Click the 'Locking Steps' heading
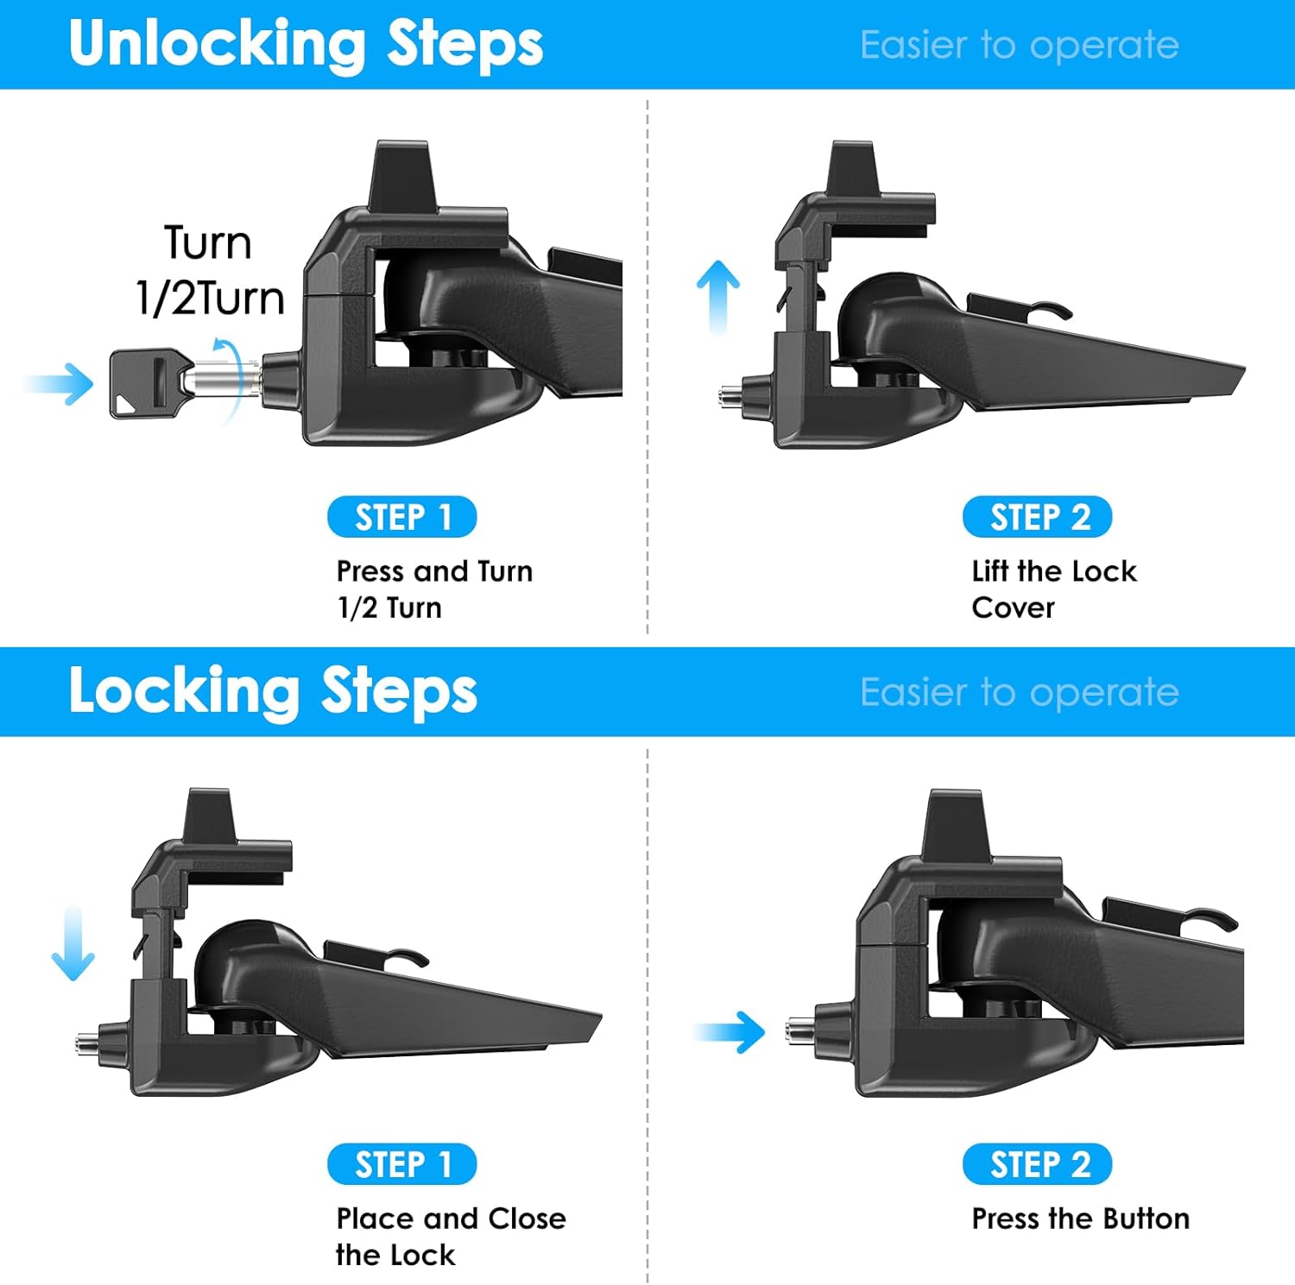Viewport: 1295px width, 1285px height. pos(273,691)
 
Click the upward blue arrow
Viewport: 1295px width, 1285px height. pos(718,297)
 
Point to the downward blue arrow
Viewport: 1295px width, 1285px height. pos(73,943)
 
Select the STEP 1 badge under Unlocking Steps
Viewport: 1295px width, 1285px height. pos(402,517)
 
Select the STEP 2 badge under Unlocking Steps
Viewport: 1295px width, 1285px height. pos(1038,517)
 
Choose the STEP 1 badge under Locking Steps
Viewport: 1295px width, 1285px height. pos(402,1164)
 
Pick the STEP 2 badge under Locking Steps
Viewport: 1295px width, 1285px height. pos(1038,1164)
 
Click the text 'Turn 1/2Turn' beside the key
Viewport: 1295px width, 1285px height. pos(210,270)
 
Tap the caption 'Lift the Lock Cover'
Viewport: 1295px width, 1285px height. pos(1054,589)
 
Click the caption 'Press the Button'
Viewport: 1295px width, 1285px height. pos(1081,1219)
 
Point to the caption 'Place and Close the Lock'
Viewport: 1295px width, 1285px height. pos(451,1236)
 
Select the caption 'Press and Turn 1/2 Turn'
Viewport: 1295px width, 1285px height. pos(434,589)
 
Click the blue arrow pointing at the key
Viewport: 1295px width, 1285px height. pos(59,384)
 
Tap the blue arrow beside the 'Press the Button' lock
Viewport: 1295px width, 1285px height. pos(730,1032)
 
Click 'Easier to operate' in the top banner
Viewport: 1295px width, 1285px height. pos(1020,45)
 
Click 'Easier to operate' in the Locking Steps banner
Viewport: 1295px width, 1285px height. pos(1020,692)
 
